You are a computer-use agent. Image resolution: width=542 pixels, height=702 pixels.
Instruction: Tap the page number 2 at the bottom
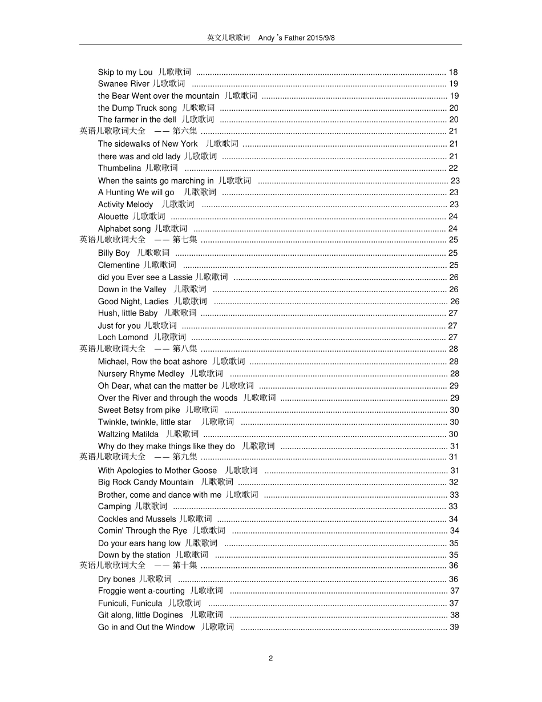click(270, 658)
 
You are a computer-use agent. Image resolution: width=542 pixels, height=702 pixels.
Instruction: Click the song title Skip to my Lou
click(125, 72)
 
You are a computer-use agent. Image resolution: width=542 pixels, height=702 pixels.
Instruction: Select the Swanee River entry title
click(123, 84)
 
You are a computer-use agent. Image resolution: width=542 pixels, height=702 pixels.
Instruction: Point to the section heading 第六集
click(185, 131)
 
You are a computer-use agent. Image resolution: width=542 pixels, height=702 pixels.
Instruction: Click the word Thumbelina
click(119, 168)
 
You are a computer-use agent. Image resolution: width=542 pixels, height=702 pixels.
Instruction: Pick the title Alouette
click(113, 216)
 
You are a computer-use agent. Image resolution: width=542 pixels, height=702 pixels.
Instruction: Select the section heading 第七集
click(185, 240)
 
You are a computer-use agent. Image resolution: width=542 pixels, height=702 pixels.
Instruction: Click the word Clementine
click(119, 265)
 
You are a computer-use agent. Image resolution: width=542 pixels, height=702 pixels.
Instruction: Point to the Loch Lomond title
click(123, 337)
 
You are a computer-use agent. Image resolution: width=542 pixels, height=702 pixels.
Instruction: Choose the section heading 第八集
click(185, 349)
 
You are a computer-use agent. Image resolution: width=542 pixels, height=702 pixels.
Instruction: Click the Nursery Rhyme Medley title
click(141, 374)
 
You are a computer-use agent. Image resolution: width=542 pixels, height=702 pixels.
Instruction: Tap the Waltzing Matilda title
click(128, 434)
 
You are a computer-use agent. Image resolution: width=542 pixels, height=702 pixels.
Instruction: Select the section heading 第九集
click(185, 457)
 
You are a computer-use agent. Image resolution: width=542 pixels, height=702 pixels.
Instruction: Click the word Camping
click(114, 506)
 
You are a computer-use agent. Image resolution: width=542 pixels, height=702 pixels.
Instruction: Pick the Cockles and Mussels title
click(137, 519)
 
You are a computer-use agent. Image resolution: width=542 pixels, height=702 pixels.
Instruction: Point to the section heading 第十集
click(185, 566)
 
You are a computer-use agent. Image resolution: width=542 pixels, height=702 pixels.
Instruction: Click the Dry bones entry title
click(116, 579)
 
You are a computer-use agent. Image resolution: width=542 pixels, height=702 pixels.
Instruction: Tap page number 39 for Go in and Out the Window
click(454, 627)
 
